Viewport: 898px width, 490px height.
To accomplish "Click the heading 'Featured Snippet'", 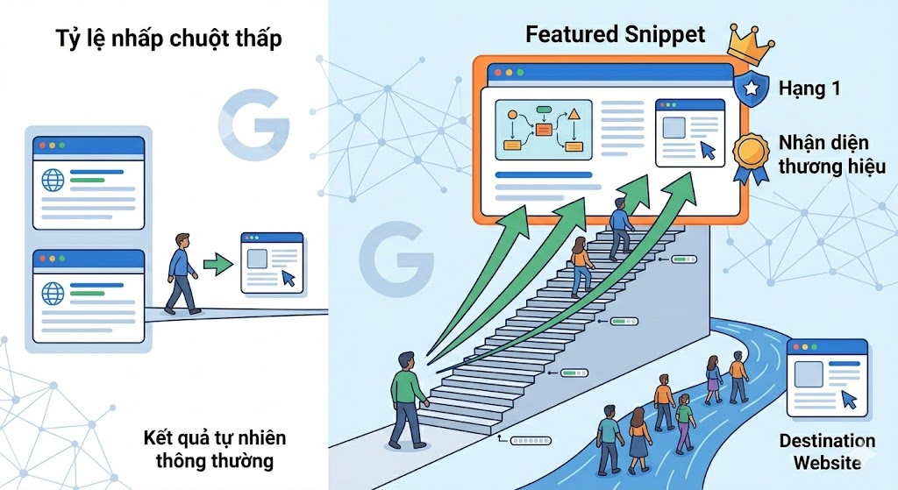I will [x=615, y=34].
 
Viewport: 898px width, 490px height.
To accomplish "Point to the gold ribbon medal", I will [x=752, y=153].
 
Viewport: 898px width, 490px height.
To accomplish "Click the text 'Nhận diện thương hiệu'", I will [x=831, y=153].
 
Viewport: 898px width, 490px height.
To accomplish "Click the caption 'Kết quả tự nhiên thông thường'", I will [x=215, y=449].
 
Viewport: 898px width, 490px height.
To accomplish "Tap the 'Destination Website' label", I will [x=827, y=451].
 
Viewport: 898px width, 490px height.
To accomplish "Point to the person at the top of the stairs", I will [x=620, y=227].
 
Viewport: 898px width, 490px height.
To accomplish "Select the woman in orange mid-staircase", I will [x=581, y=265].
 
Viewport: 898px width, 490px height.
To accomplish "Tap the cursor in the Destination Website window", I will [x=849, y=400].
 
